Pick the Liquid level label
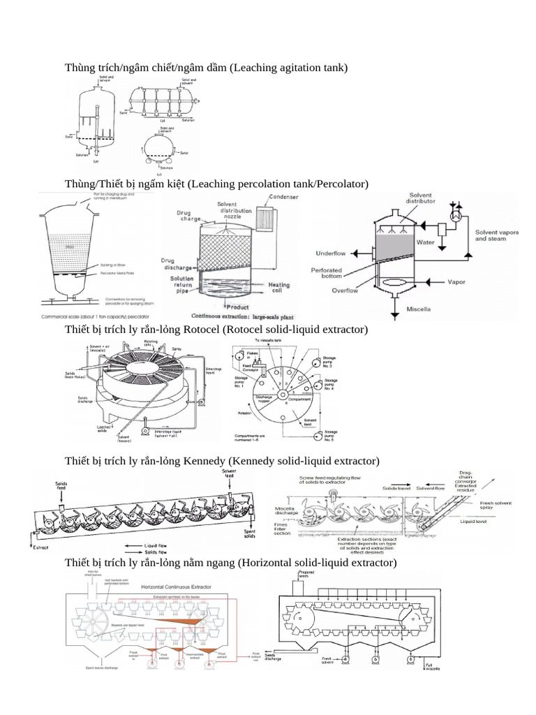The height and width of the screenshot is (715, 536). coord(474,521)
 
